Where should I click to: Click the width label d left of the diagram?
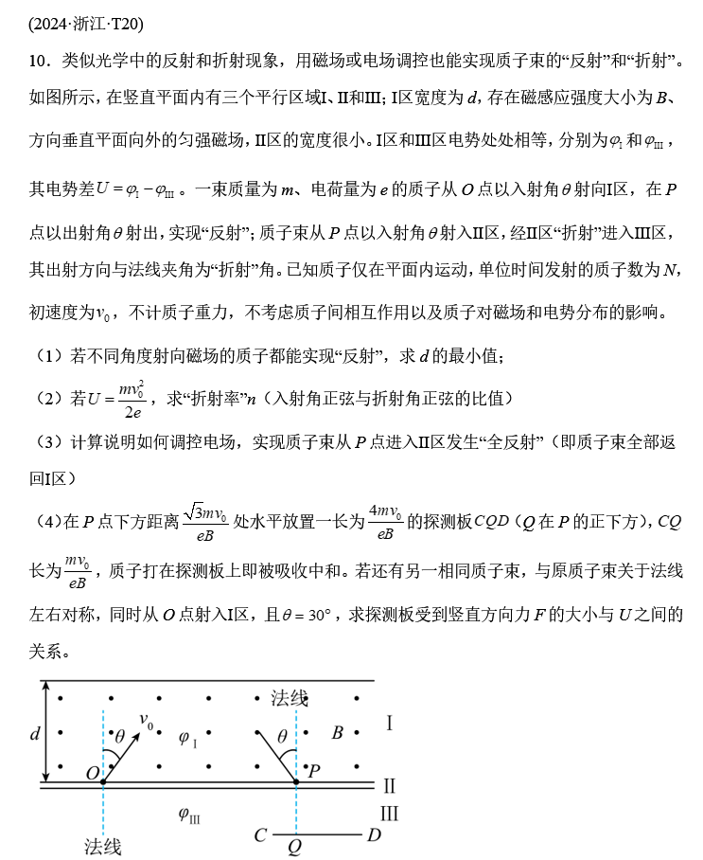tap(35, 732)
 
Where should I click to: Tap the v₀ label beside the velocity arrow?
tap(149, 722)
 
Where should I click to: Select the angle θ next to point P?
tap(281, 735)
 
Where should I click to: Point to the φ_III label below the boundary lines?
tap(188, 813)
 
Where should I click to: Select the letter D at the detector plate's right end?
tap(374, 835)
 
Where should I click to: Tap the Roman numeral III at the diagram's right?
tap(390, 814)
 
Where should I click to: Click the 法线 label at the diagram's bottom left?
tap(102, 845)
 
